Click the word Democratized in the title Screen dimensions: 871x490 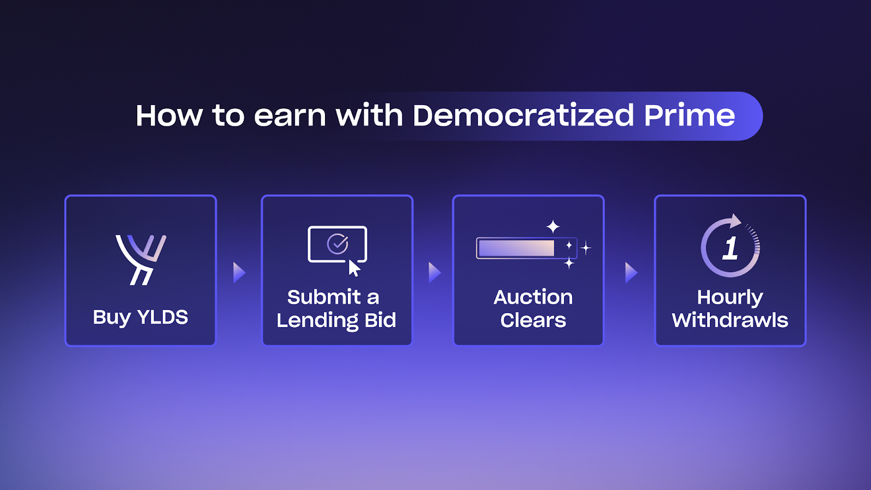tap(523, 115)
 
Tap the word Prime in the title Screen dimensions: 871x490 tap(689, 115)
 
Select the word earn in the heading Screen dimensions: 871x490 tap(290, 117)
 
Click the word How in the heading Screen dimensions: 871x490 tap(169, 116)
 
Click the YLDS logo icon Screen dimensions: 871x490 tap(141, 260)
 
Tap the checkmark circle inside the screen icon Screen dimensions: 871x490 tap(338, 244)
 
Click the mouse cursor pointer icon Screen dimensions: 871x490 tap(354, 268)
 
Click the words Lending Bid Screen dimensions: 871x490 tap(336, 321)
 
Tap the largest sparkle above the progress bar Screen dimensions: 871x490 tap(553, 226)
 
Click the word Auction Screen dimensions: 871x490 tap(533, 297)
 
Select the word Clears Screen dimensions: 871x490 tap(533, 321)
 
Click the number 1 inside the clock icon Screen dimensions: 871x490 tap(730, 248)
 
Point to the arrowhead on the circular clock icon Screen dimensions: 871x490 tap(735, 220)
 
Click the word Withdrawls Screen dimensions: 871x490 tap(730, 321)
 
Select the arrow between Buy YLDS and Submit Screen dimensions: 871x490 tap(239, 273)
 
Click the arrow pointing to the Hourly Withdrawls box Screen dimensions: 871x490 tap(631, 273)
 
